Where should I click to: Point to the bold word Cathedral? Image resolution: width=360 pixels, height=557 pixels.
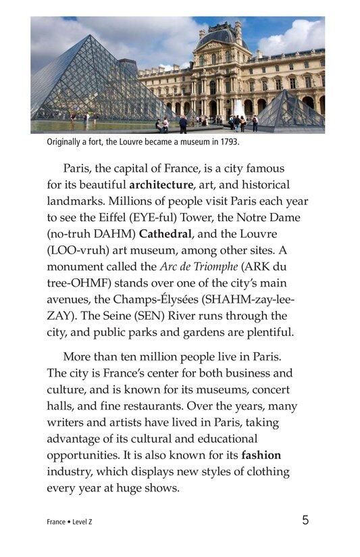click(168, 233)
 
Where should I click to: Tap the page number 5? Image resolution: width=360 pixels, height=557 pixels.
click(305, 520)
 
